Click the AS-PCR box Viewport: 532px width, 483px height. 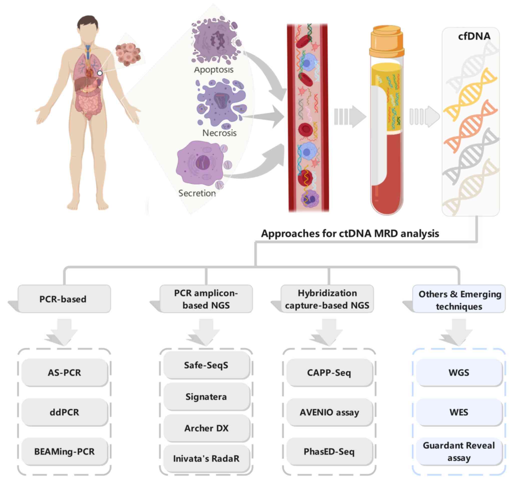pyautogui.click(x=65, y=373)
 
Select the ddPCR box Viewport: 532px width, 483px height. pyautogui.click(x=65, y=412)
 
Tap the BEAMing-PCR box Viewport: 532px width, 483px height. pyautogui.click(x=65, y=451)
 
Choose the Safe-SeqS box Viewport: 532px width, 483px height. pyautogui.click(x=206, y=365)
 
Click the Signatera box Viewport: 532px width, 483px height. pyautogui.click(x=206, y=397)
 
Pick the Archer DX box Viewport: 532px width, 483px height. pyautogui.click(x=206, y=428)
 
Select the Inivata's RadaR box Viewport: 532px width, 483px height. pyautogui.click(x=206, y=458)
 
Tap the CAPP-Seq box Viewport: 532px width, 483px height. pyautogui.click(x=329, y=373)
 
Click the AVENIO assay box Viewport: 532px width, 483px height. pyautogui.click(x=329, y=412)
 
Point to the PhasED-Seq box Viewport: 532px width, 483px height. pyautogui.click(x=329, y=451)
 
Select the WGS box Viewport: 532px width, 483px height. pyautogui.click(x=459, y=373)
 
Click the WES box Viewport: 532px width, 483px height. pyautogui.click(x=459, y=412)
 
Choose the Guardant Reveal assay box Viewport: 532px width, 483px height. pyautogui.click(x=459, y=451)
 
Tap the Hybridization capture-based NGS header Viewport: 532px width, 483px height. pyautogui.click(x=327, y=299)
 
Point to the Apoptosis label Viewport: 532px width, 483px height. pyautogui.click(x=214, y=70)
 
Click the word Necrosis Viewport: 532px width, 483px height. pyautogui.click(x=219, y=133)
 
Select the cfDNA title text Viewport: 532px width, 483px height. pyautogui.click(x=474, y=36)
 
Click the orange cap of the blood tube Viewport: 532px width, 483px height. pyautogui.click(x=387, y=42)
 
